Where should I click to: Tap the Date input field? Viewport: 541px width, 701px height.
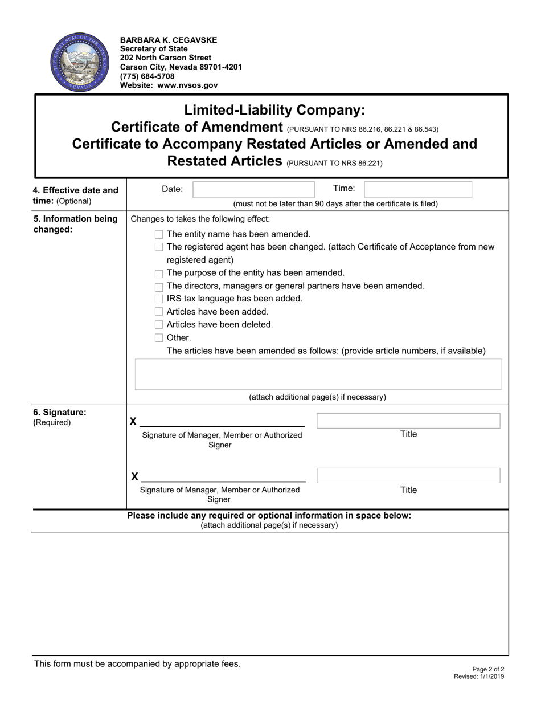pos(253,190)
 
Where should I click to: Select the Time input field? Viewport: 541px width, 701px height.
pos(417,190)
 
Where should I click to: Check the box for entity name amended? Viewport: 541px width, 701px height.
pos(159,234)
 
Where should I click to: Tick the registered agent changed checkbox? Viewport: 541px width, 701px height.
pos(159,247)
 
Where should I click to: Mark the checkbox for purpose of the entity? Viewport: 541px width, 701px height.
pos(159,274)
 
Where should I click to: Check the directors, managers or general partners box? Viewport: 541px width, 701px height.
pos(159,286)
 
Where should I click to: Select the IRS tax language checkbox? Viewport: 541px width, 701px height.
pos(159,299)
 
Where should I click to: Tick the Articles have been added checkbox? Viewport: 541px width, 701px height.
pos(159,312)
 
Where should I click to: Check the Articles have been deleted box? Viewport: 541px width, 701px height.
pos(159,325)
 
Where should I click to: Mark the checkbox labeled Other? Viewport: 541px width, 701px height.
pos(159,338)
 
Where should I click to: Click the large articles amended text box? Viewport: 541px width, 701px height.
pos(318,374)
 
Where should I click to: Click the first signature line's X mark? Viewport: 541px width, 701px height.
pos(133,422)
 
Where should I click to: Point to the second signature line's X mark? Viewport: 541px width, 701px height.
pos(135,476)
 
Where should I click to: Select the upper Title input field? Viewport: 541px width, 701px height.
pos(408,421)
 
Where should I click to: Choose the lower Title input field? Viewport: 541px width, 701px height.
pos(408,476)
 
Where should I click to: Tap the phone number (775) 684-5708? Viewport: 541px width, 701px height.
pos(147,76)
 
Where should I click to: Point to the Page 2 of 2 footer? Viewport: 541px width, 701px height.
pos(488,669)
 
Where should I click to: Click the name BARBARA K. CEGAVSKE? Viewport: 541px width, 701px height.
pos(168,40)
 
